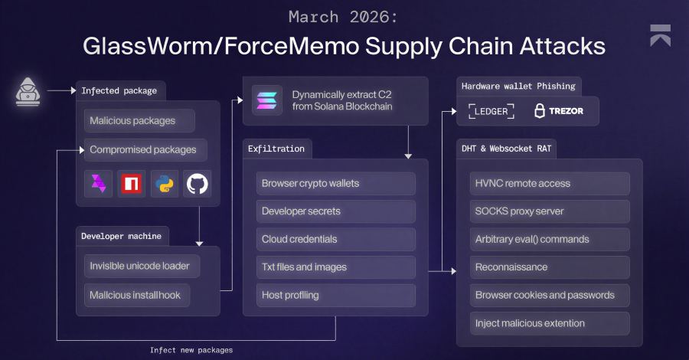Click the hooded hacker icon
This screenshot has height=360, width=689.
pyautogui.click(x=28, y=91)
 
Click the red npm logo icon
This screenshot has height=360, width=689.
pyautogui.click(x=131, y=184)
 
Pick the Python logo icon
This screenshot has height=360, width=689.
pyautogui.click(x=164, y=184)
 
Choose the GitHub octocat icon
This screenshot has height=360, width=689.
pyautogui.click(x=197, y=184)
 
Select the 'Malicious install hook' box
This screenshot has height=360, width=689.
pyautogui.click(x=137, y=294)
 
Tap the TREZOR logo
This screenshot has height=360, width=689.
pyautogui.click(x=558, y=111)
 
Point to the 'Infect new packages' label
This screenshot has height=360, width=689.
pyautogui.click(x=191, y=349)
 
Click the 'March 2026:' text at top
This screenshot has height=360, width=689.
pyautogui.click(x=344, y=16)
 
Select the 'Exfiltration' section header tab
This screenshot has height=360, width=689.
pyautogui.click(x=276, y=149)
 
